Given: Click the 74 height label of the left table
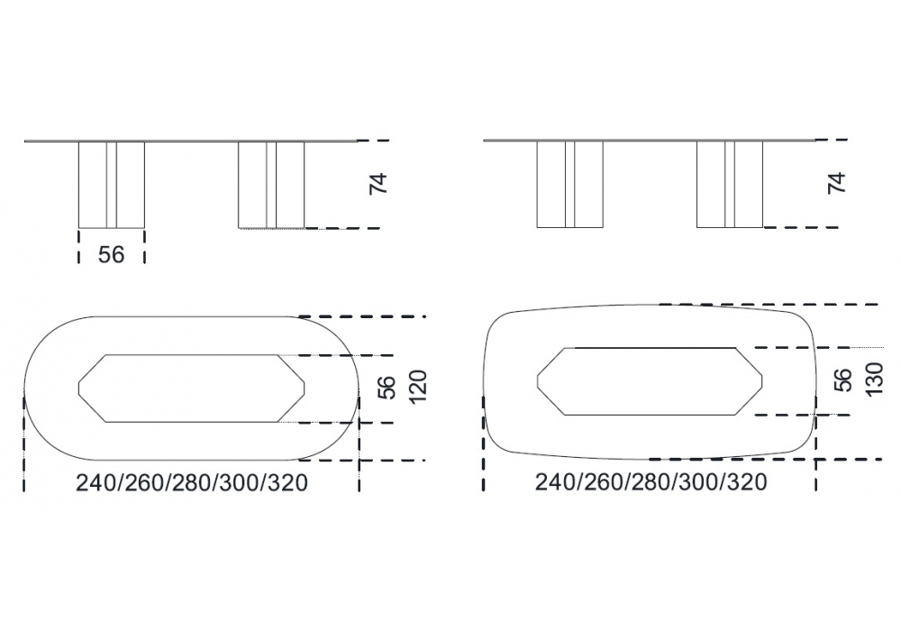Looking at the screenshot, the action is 379,183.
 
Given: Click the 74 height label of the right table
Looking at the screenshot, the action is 838,182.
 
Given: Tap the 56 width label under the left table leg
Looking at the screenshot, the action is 111,254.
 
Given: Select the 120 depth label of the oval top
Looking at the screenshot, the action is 418,387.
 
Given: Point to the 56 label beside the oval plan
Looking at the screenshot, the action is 387,388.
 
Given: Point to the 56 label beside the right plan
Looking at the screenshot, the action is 842,380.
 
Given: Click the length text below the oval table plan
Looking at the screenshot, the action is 192,483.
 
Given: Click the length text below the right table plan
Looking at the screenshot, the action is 651,482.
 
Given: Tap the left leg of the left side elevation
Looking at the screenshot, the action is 112,185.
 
